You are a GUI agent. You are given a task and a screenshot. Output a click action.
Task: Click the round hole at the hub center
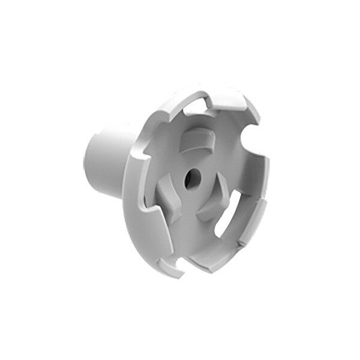192,178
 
